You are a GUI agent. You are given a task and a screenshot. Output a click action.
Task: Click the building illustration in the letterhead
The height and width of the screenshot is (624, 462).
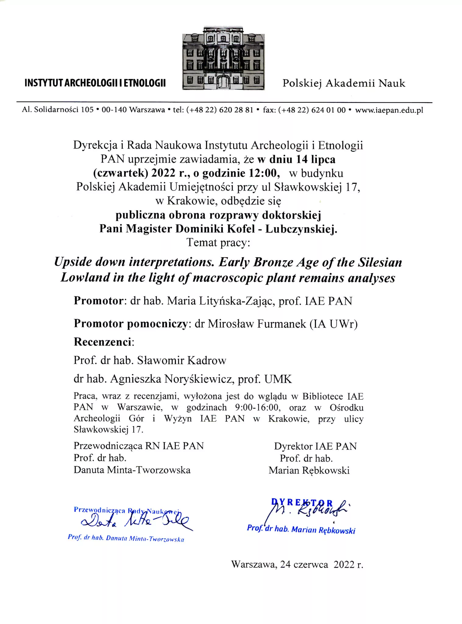223,58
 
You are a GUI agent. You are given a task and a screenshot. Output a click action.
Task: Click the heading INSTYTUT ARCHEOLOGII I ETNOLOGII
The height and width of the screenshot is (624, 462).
95,83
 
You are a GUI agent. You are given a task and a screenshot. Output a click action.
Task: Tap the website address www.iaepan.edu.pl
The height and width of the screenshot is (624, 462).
389,110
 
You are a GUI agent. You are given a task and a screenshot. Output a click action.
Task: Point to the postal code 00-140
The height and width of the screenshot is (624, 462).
114,110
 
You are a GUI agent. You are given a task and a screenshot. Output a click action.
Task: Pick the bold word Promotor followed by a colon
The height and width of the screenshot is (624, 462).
98,301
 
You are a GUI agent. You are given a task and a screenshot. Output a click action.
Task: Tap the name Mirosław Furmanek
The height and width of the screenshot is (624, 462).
257,324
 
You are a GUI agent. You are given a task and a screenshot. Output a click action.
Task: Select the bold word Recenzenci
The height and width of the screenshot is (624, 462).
103,342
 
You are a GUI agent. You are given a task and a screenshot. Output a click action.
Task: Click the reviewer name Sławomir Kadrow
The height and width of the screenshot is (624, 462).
182,360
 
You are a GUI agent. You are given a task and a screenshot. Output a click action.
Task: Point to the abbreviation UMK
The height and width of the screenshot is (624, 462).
278,379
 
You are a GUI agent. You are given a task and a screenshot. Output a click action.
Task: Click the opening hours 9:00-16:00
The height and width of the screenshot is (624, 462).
257,407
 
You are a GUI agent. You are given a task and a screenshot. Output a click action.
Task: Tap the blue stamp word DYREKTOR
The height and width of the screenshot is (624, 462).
302,503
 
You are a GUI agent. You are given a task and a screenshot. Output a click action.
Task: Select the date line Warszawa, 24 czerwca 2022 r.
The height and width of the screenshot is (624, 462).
297,565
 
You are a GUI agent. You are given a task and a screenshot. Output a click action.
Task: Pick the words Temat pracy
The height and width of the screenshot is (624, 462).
218,243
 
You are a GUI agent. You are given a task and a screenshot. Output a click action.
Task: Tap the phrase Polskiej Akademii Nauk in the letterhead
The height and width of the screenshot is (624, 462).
344,83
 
